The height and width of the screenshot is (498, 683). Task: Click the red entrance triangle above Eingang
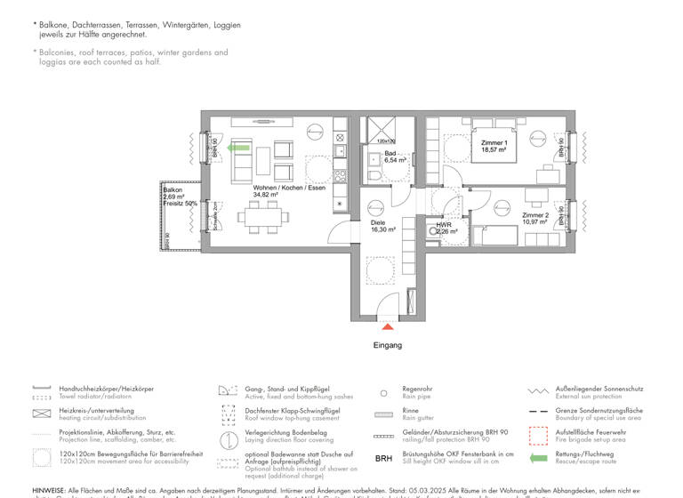388,327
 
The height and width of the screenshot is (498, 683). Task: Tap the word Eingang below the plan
388,345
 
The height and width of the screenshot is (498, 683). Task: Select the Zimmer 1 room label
494,143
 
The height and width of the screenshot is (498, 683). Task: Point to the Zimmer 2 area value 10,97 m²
535,221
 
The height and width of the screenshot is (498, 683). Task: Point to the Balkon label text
173,190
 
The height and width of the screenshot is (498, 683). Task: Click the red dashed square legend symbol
537,435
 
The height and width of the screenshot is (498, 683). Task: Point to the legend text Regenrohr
417,389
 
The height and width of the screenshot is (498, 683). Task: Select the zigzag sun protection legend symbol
537,390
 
